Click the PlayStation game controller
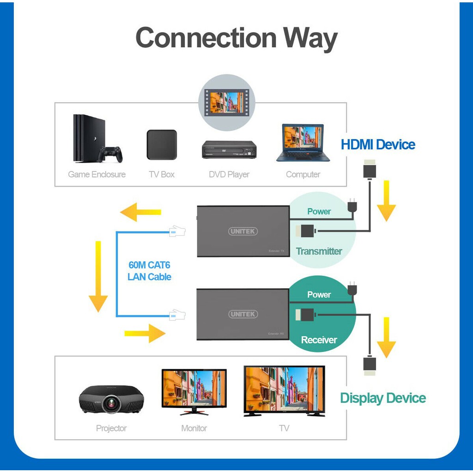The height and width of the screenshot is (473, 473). (110, 154)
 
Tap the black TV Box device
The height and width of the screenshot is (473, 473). (162, 145)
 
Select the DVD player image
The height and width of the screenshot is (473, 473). (229, 149)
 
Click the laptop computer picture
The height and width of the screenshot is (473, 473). (303, 143)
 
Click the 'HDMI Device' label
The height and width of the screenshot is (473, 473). (378, 145)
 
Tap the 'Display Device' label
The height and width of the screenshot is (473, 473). (383, 398)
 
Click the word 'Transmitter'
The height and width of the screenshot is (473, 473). (319, 251)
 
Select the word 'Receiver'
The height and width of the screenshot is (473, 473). (319, 340)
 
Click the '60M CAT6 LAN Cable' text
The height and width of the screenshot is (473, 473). (149, 271)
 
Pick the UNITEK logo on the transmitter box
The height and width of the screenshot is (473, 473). (243, 231)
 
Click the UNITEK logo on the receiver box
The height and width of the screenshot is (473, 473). (243, 314)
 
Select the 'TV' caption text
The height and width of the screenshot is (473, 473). (284, 428)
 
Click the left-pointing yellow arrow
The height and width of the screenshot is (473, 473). (140, 212)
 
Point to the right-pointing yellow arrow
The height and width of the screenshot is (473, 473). (145, 333)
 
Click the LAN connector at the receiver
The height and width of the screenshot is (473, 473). (177, 315)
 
